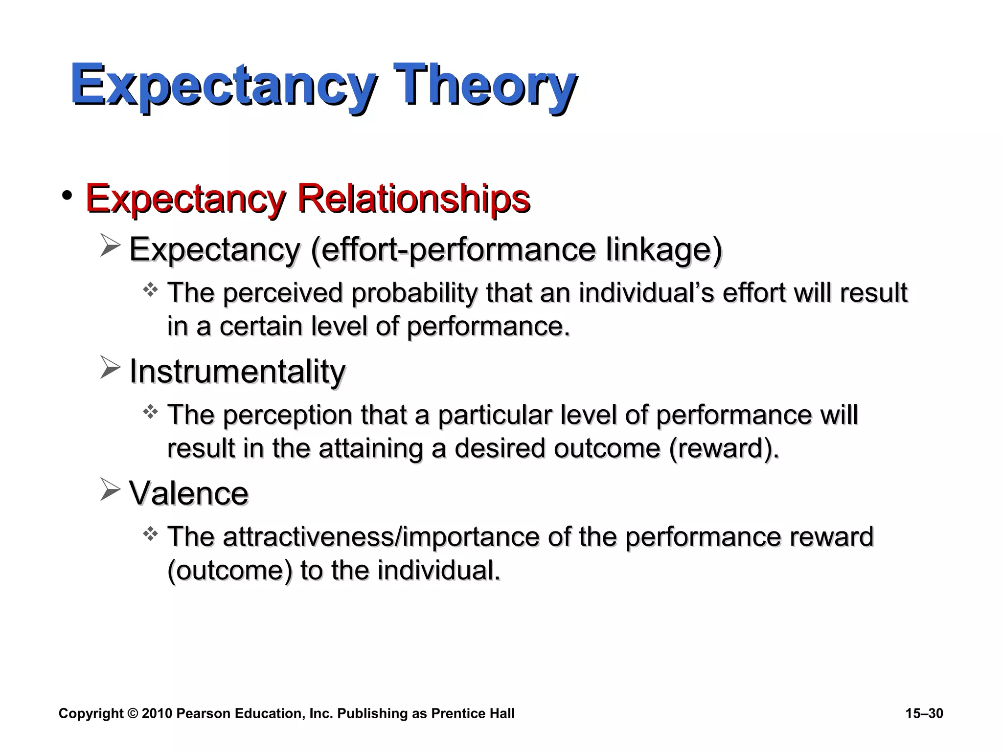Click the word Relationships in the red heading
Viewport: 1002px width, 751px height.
tap(413, 198)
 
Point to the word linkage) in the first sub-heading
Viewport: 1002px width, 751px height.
tap(663, 249)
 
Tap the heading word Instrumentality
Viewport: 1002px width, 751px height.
tap(237, 372)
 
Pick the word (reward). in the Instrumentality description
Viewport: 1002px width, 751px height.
tap(724, 448)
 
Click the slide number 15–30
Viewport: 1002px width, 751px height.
tap(924, 714)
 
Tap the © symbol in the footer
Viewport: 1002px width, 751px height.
tap(133, 714)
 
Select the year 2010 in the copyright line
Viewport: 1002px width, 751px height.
tap(157, 714)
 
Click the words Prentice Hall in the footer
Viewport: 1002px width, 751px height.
tap(473, 714)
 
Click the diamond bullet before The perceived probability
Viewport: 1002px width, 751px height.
tap(150, 290)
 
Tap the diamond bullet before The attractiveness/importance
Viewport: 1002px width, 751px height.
tap(150, 534)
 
